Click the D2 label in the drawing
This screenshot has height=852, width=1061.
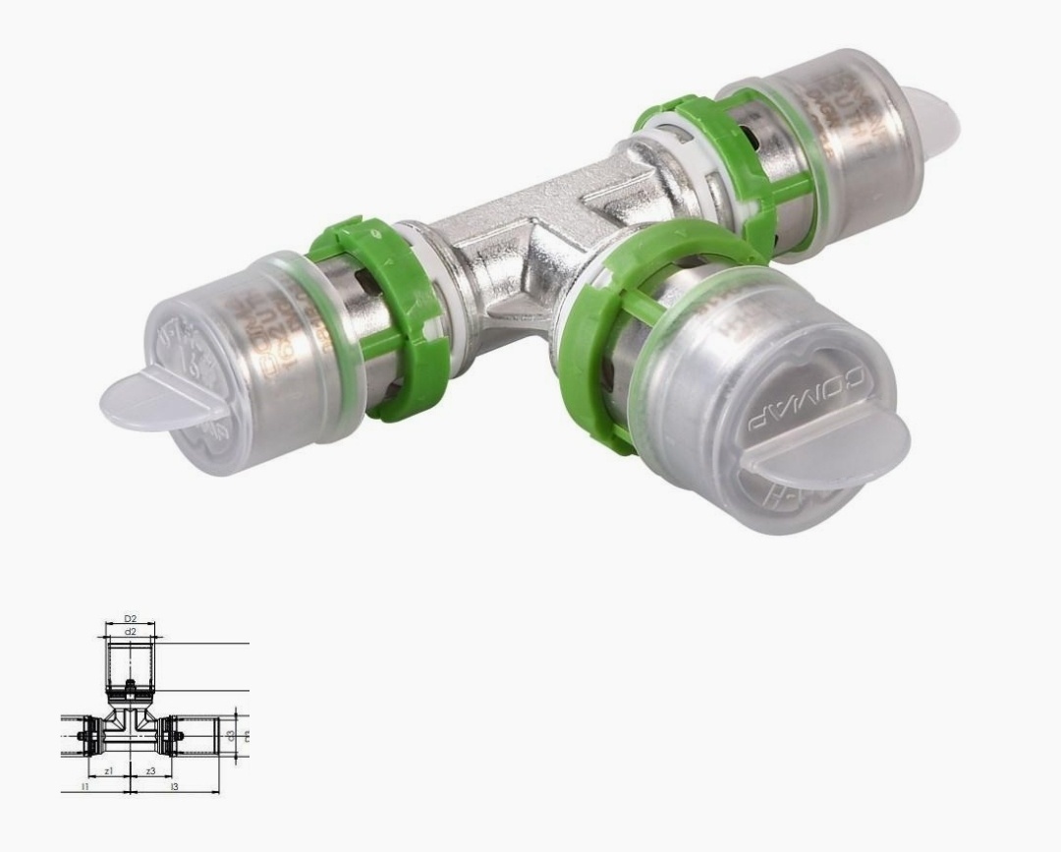(130, 619)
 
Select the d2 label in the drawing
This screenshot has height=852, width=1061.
(130, 632)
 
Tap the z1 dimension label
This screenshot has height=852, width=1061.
(109, 771)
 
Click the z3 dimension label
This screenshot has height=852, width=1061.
(150, 771)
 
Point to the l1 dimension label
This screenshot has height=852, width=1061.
(85, 787)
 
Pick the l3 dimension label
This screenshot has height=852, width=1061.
(174, 787)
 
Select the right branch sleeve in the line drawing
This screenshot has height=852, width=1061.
(201, 734)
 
